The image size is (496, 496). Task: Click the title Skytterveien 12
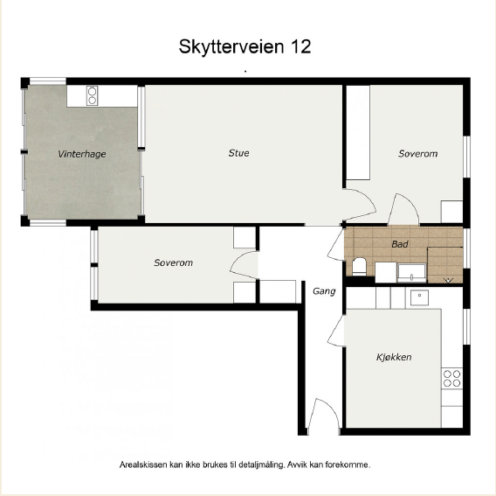245,47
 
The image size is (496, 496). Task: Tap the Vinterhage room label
82,154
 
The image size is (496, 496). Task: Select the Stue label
238,153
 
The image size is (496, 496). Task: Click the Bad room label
400,244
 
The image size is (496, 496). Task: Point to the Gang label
324,291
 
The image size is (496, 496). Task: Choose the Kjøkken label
394,357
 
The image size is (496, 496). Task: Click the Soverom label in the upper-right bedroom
418,154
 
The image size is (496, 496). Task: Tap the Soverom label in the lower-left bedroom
174,262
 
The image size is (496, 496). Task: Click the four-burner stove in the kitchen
451,379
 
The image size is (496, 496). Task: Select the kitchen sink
419,297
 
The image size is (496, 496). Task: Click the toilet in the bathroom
359,267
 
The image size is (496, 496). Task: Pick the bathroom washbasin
411,273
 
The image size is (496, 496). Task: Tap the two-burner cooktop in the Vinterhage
92,95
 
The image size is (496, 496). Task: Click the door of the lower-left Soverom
243,265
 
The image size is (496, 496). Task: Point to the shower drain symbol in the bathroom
449,280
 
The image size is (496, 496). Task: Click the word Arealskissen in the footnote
143,465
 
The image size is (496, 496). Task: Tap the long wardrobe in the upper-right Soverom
358,133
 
